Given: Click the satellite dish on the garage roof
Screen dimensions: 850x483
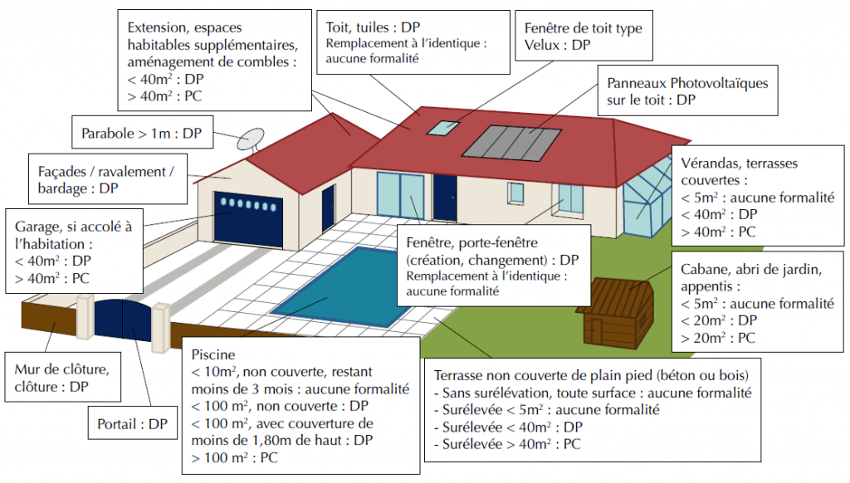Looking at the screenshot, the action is [x=251, y=139].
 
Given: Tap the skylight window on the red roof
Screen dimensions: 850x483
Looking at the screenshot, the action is [x=443, y=128].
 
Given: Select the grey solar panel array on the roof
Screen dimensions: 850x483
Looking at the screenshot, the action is [x=511, y=143].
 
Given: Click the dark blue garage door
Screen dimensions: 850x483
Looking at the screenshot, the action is [x=248, y=219].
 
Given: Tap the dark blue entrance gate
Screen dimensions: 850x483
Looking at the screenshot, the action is [x=123, y=320].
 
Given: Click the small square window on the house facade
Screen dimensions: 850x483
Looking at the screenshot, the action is [x=515, y=193].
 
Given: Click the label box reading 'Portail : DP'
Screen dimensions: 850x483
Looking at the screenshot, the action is [x=133, y=422].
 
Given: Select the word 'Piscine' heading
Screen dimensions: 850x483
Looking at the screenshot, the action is [x=213, y=354].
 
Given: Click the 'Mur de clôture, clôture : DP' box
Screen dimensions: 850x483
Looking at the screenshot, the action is [x=63, y=378].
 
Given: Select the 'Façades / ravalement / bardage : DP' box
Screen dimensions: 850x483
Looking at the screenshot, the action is [x=108, y=179].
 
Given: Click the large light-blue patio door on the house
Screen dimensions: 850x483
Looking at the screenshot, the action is [x=400, y=196].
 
